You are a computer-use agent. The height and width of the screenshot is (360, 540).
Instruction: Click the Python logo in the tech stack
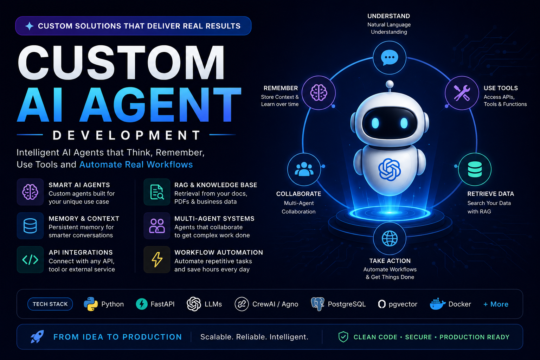pyautogui.click(x=91, y=304)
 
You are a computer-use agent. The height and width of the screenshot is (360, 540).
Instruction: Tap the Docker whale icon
pyautogui.click(x=437, y=304)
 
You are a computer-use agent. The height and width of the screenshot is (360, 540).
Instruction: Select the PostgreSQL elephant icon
pyautogui.click(x=317, y=304)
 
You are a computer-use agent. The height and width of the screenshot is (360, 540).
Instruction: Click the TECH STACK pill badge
pyautogui.click(x=50, y=304)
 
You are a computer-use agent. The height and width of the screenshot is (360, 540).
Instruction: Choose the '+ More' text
pyautogui.click(x=496, y=304)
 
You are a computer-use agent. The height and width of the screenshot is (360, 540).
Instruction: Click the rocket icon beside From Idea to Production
pyautogui.click(x=37, y=336)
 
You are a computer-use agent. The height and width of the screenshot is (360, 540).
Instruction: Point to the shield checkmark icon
pyautogui.click(x=343, y=337)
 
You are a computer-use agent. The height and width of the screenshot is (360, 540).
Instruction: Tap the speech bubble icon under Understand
pyautogui.click(x=389, y=57)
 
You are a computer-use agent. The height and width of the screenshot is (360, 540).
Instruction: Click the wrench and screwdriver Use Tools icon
pyautogui.click(x=462, y=93)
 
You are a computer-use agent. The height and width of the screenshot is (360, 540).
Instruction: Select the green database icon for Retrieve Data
pyautogui.click(x=475, y=169)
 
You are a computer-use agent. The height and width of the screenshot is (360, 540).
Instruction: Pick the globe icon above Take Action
pyautogui.click(x=390, y=238)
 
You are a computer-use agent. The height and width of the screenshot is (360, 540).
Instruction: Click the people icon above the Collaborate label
pyautogui.click(x=304, y=169)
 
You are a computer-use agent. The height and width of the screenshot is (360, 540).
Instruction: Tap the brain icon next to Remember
pyautogui.click(x=319, y=92)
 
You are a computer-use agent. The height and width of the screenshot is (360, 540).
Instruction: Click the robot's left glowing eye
pyautogui.click(x=375, y=123)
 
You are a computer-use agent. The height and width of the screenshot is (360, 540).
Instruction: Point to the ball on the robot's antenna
pyautogui.click(x=390, y=84)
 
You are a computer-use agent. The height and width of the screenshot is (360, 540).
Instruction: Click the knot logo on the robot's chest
pyautogui.click(x=390, y=169)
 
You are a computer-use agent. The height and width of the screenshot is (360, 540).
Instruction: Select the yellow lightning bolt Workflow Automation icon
pyautogui.click(x=157, y=260)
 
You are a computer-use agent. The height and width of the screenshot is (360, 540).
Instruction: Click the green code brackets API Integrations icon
pyautogui.click(x=30, y=260)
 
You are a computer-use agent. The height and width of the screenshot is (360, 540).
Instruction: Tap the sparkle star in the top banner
pyautogui.click(x=30, y=26)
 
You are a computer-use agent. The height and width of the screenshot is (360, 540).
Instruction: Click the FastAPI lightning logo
pyautogui.click(x=142, y=304)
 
